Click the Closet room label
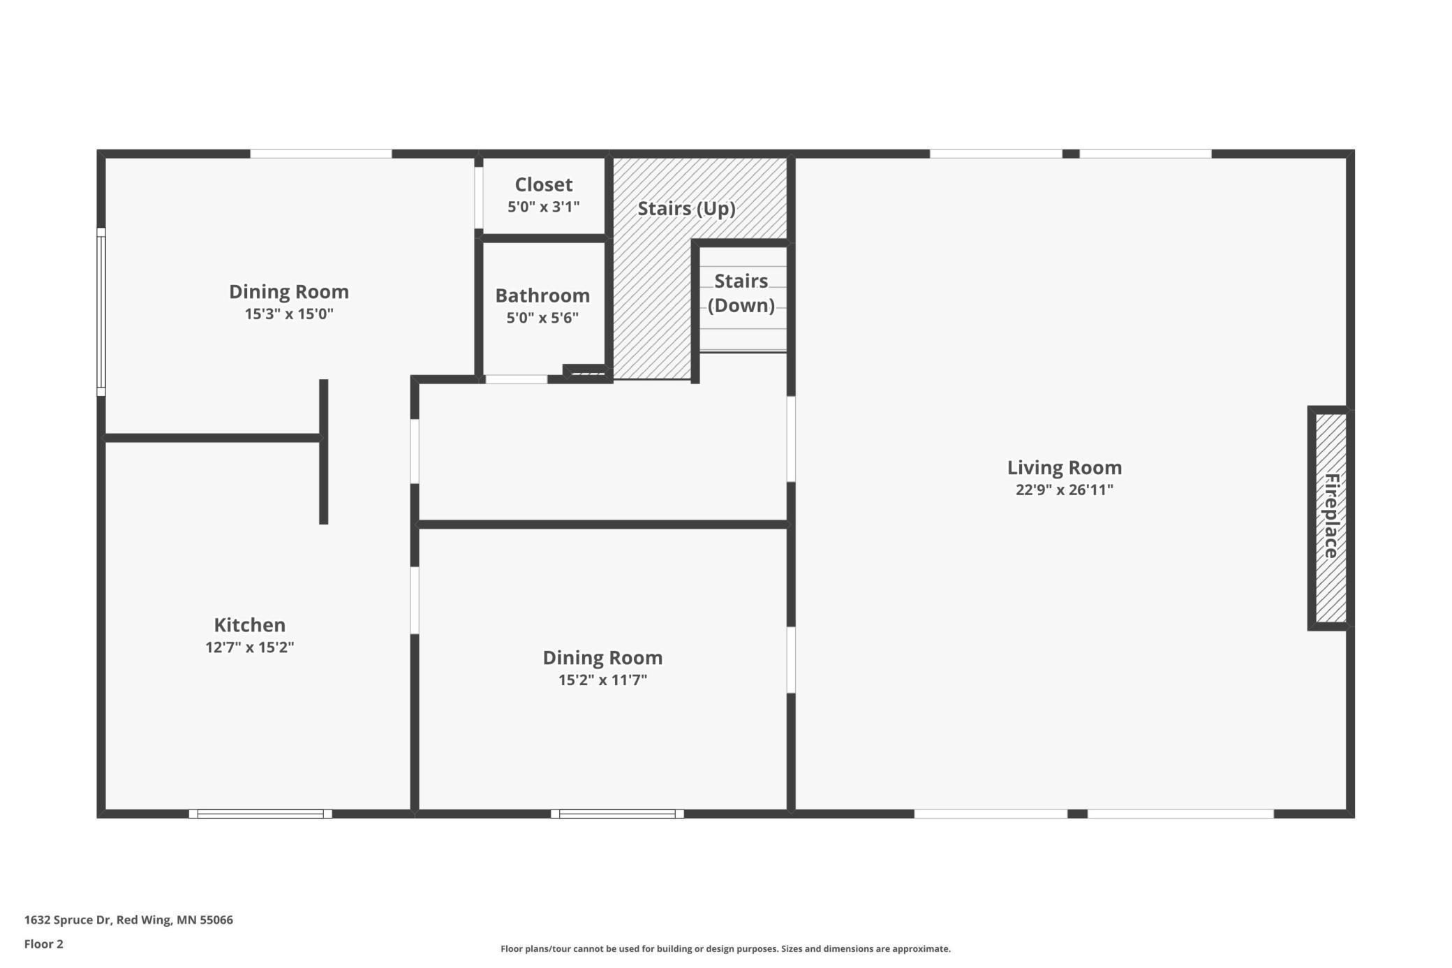click(544, 184)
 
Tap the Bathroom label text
click(542, 295)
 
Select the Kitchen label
click(249, 624)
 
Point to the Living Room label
click(1065, 467)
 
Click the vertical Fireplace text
click(1332, 516)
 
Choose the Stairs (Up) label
click(686, 208)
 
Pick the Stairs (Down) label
click(741, 293)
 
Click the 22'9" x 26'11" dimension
click(1065, 490)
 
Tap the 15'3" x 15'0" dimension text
click(289, 314)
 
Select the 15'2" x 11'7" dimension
click(602, 680)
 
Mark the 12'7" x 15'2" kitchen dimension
click(249, 647)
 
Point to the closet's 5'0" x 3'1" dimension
click(544, 207)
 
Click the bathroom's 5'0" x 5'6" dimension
click(542, 318)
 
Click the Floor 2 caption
click(44, 944)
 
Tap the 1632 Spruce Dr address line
click(128, 920)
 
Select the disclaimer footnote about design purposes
click(725, 948)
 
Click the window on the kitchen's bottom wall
click(260, 814)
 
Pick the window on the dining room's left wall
click(101, 311)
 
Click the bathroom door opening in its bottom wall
click(516, 379)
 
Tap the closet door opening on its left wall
click(479, 198)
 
